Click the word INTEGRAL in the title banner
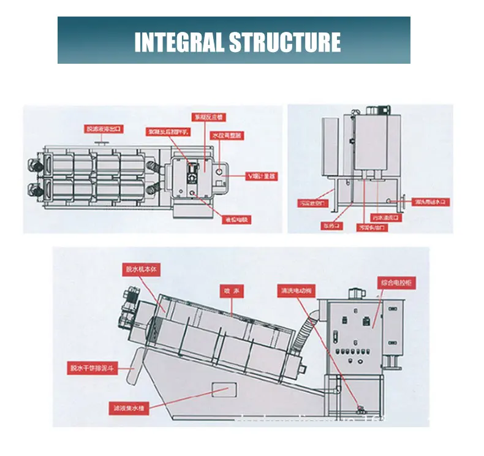(x=178, y=42)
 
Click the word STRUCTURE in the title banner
(x=284, y=42)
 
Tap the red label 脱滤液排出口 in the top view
(x=105, y=129)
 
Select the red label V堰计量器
(x=262, y=177)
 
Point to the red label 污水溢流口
(x=386, y=217)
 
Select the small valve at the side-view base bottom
(x=361, y=409)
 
